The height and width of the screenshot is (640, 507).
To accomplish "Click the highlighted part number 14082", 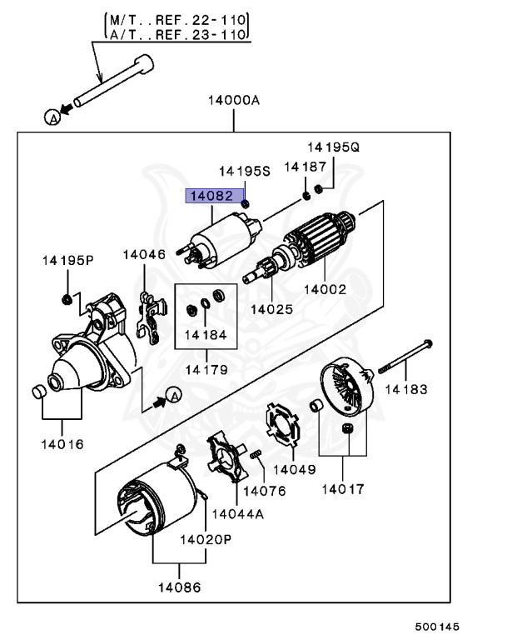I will tap(211, 197).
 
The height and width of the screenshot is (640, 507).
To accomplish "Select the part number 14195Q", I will tap(332, 147).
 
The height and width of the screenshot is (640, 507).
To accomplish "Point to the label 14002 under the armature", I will tap(325, 291).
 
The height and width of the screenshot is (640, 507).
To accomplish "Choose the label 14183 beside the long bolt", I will tap(405, 389).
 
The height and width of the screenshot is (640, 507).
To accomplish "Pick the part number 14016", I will tap(62, 444).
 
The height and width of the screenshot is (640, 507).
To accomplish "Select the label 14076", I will tap(265, 492).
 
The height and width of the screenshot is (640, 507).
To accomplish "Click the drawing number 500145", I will tap(438, 626).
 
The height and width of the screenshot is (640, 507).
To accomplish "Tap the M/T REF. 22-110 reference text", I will tap(177, 18).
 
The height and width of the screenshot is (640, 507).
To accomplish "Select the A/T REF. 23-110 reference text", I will tap(177, 35).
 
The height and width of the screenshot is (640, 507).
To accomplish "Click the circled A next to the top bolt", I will tap(52, 117).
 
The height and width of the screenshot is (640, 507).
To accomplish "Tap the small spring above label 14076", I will tap(257, 454).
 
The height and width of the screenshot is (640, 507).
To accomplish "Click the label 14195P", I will tap(68, 261).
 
